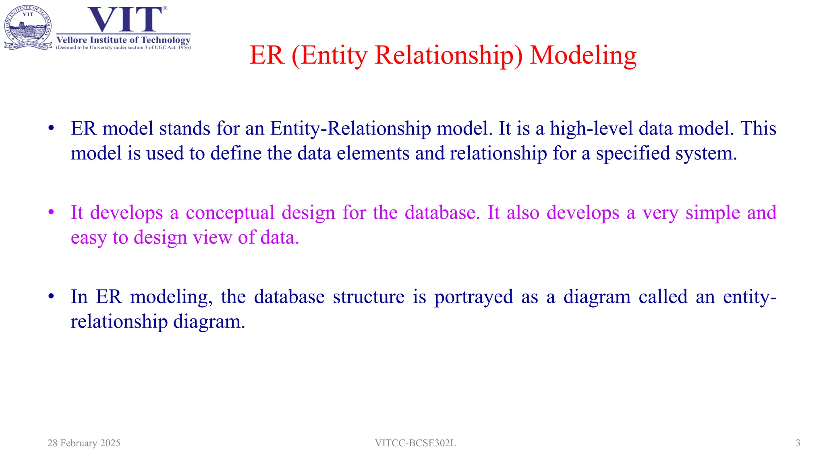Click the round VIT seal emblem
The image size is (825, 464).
pos(28,27)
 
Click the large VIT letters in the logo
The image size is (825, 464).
pos(125,19)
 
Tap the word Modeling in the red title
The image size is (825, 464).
pos(583,55)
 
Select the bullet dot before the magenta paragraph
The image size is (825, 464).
pos(51,212)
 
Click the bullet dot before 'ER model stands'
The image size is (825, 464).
pos(51,128)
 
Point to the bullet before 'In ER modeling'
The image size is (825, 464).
pos(51,296)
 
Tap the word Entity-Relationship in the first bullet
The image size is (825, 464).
pos(350,129)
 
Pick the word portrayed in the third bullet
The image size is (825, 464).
pos(473,297)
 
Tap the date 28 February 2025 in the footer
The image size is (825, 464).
pos(84,443)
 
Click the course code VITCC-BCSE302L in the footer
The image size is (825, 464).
pos(415,443)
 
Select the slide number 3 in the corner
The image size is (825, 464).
pos(798,443)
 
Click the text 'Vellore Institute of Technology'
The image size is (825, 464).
pos(123,40)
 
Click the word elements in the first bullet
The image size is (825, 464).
pos(373,153)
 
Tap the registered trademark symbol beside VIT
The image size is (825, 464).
pos(165,8)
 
